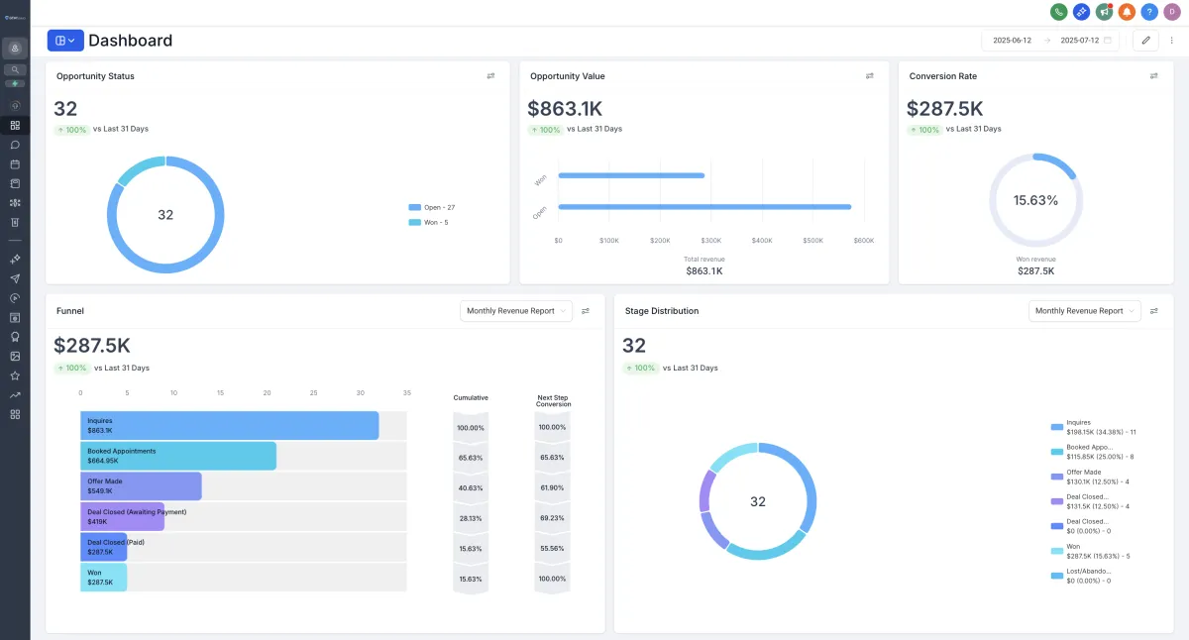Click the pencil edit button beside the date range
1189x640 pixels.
(1145, 41)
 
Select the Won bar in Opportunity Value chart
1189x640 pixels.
(631, 175)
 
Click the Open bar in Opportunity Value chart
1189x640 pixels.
(704, 207)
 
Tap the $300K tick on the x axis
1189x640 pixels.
(710, 241)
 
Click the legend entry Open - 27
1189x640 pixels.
(431, 207)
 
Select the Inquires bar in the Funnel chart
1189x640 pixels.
(229, 426)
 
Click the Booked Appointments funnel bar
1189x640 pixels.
(178, 456)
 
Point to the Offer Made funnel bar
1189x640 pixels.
(141, 486)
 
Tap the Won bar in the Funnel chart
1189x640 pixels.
(103, 578)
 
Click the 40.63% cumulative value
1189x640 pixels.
(471, 487)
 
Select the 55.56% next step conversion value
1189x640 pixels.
(551, 548)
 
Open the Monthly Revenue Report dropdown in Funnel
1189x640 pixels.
(516, 311)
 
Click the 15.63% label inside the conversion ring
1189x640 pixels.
(1035, 200)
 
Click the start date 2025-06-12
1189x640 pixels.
(1013, 41)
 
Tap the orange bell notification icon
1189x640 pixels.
(1127, 12)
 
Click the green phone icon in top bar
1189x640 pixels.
(1059, 12)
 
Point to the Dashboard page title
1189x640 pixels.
(130, 41)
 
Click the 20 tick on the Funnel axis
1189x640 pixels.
(268, 393)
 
